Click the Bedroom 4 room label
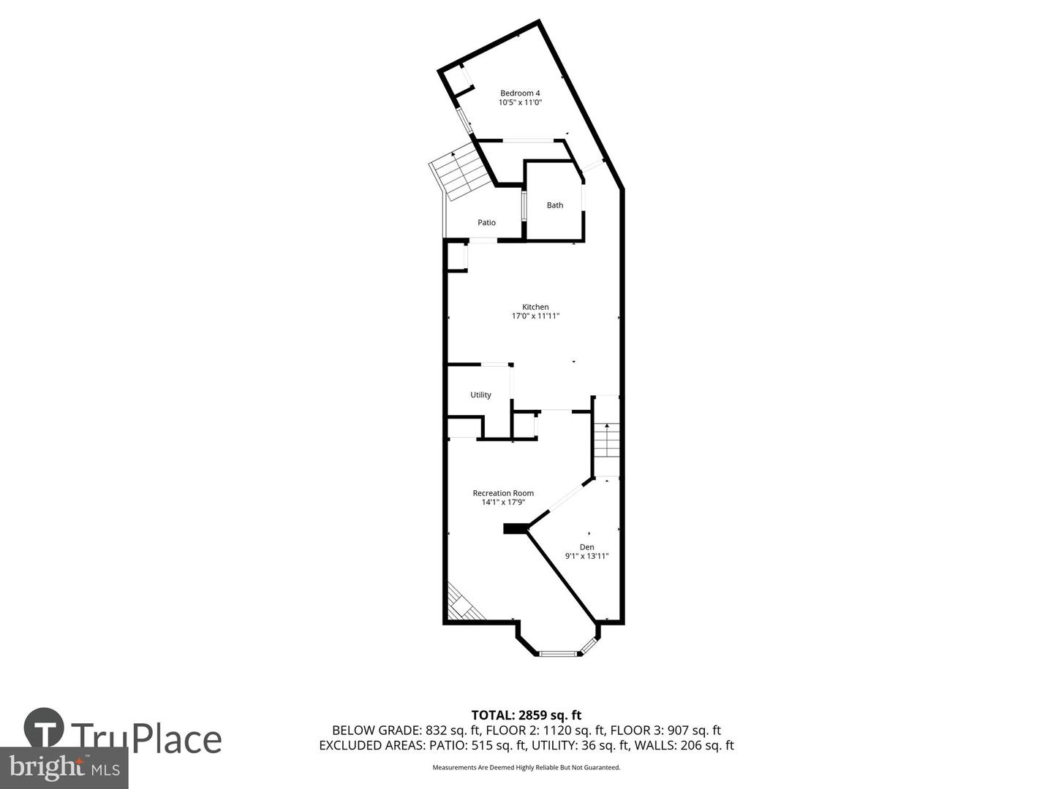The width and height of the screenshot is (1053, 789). pos(520,93)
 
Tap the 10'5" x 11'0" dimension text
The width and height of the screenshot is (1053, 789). pos(520,103)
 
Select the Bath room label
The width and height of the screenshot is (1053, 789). pos(555,205)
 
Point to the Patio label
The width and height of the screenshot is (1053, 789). pos(486,223)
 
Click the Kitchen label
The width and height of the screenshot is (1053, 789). pos(535,307)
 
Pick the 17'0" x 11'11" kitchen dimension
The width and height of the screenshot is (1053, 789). pos(535,316)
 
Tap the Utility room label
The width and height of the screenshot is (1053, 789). pos(480,395)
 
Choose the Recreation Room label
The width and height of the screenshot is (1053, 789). pos(503,493)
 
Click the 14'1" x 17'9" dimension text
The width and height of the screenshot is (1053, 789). pos(503,503)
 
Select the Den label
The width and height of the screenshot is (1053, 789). pos(586,547)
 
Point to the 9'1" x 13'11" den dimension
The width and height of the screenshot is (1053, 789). pos(586,557)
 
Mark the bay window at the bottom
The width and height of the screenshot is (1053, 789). pos(559,652)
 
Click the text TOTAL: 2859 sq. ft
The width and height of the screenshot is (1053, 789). pos(526,715)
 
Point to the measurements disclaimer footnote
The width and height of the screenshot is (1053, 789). pos(526,768)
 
